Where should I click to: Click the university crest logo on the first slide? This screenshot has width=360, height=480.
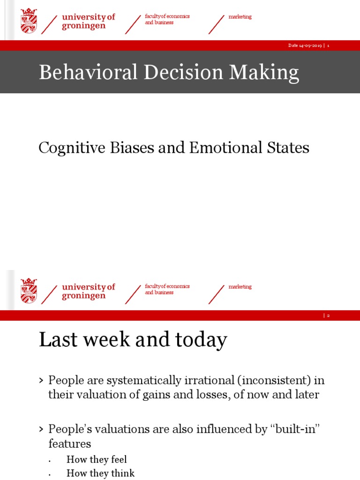29,21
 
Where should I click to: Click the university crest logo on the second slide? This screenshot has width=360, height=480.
29,291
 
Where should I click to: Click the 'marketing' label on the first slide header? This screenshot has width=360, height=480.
240,17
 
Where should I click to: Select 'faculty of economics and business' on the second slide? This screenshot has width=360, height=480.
167,289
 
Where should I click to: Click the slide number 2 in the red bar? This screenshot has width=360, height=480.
329,315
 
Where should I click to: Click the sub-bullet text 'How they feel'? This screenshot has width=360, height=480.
97,459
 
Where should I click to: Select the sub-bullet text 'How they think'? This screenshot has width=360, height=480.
100,473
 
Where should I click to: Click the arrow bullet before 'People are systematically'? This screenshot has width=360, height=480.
41,380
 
